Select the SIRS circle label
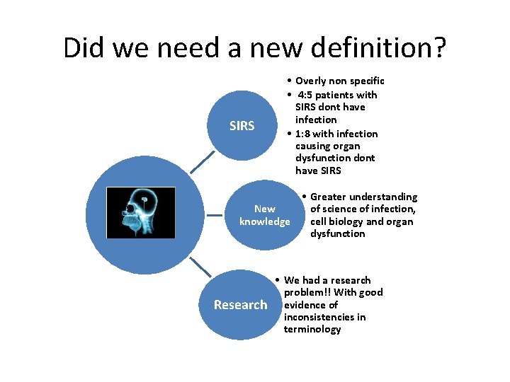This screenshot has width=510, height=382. [x=242, y=126]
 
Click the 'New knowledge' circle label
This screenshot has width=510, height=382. [x=265, y=215]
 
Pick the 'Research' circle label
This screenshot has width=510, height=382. [x=241, y=305]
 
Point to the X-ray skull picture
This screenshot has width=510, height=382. [x=140, y=213]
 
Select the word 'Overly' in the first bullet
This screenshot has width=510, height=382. [x=312, y=81]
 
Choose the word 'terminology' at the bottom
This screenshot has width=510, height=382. [x=312, y=330]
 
